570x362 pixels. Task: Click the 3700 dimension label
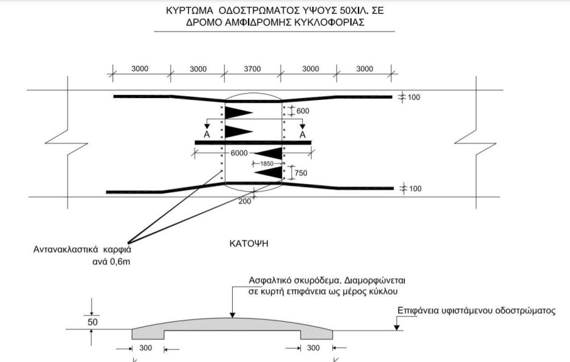[x=252, y=69]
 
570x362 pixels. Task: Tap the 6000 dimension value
[x=239, y=153]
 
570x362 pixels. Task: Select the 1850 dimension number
[x=267, y=164]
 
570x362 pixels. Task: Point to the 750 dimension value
[x=301, y=173]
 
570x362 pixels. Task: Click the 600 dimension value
[x=303, y=111]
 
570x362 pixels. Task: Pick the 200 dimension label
[x=245, y=201]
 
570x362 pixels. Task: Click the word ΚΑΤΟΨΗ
[x=249, y=243]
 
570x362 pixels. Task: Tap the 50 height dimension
[x=93, y=322]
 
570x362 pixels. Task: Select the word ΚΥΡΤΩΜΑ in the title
[x=189, y=10]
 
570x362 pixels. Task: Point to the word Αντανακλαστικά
[x=66, y=249]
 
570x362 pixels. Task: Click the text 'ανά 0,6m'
[x=111, y=262]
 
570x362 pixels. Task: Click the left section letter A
[x=207, y=134]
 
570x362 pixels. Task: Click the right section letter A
[x=303, y=134]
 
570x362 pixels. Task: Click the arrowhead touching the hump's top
[x=233, y=315]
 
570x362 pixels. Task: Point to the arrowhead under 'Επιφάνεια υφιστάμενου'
[x=397, y=328]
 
